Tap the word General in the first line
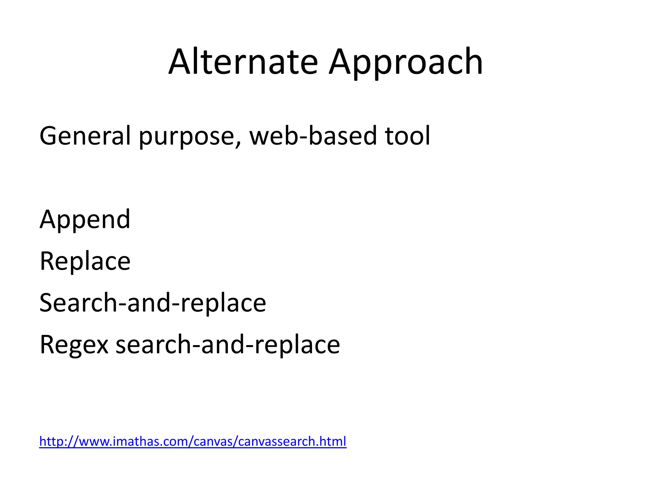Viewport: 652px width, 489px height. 85,136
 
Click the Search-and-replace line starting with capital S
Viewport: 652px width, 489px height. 153,303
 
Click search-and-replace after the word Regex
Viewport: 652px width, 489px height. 228,345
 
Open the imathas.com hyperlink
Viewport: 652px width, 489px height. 193,442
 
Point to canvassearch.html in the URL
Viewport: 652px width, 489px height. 292,442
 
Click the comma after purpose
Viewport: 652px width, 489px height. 239,144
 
